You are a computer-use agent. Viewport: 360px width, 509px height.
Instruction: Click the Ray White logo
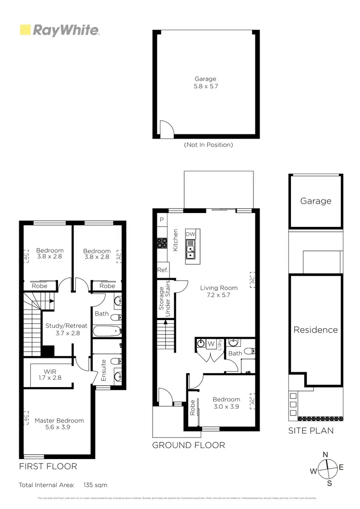click(x=60, y=30)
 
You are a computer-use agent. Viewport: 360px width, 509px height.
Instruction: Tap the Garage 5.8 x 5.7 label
click(x=205, y=83)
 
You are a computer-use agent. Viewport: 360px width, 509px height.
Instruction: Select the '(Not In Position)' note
click(x=208, y=145)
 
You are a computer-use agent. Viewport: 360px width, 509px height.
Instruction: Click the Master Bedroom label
click(x=59, y=424)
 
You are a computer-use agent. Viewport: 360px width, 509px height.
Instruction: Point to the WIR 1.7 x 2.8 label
click(x=50, y=375)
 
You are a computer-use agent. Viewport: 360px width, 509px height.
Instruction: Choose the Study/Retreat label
click(x=66, y=329)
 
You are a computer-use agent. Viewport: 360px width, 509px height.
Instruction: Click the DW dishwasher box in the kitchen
click(x=191, y=234)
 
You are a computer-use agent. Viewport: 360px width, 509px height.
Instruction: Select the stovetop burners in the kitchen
click(x=162, y=243)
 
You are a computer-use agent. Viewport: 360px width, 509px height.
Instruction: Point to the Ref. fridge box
click(x=162, y=271)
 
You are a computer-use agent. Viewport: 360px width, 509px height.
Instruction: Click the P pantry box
click(x=162, y=220)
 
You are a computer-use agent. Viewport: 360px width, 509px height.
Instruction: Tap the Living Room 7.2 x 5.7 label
click(x=219, y=291)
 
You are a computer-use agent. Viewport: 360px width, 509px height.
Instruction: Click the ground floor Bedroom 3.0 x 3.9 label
click(x=226, y=402)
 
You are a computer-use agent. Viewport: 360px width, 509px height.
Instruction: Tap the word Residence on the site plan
click(x=315, y=330)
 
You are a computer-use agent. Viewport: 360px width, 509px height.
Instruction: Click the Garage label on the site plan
click(x=315, y=201)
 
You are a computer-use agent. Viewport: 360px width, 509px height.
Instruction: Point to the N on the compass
click(x=325, y=455)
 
